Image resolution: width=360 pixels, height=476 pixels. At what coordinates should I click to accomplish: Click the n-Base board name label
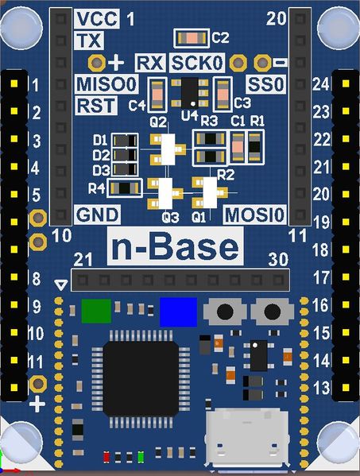point(175,246)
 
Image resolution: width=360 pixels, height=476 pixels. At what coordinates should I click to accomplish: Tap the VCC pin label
point(97,18)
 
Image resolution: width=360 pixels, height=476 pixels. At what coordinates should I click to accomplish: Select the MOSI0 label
point(254,215)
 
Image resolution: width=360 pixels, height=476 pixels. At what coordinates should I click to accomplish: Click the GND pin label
point(97,215)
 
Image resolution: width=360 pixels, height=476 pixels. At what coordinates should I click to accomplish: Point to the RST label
point(96,106)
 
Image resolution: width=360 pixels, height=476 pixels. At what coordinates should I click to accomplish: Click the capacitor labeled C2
point(192,38)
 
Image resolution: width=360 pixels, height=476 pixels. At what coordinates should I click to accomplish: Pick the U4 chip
point(190,93)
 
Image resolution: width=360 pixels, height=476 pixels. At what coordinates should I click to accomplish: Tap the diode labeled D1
point(125,141)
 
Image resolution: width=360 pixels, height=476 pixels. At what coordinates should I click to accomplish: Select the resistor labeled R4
point(125,188)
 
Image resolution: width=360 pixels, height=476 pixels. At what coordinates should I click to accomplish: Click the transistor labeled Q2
point(168,149)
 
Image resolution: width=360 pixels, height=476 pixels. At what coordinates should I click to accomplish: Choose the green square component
point(96,311)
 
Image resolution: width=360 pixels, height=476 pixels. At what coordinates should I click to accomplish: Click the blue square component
point(179,312)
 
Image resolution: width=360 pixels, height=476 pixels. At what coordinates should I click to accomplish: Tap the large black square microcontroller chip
point(141,378)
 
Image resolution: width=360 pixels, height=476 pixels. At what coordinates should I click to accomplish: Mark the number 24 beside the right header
point(321,83)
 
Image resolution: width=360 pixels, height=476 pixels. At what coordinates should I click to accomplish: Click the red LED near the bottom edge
point(106,457)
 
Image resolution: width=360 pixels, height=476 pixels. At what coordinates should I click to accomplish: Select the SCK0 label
point(197,63)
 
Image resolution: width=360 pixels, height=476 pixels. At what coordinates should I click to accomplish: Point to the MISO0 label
point(106,84)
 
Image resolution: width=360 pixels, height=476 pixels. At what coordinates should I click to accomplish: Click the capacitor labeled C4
point(157,95)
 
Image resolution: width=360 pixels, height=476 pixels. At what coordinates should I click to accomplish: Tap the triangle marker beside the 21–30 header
point(61,284)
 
